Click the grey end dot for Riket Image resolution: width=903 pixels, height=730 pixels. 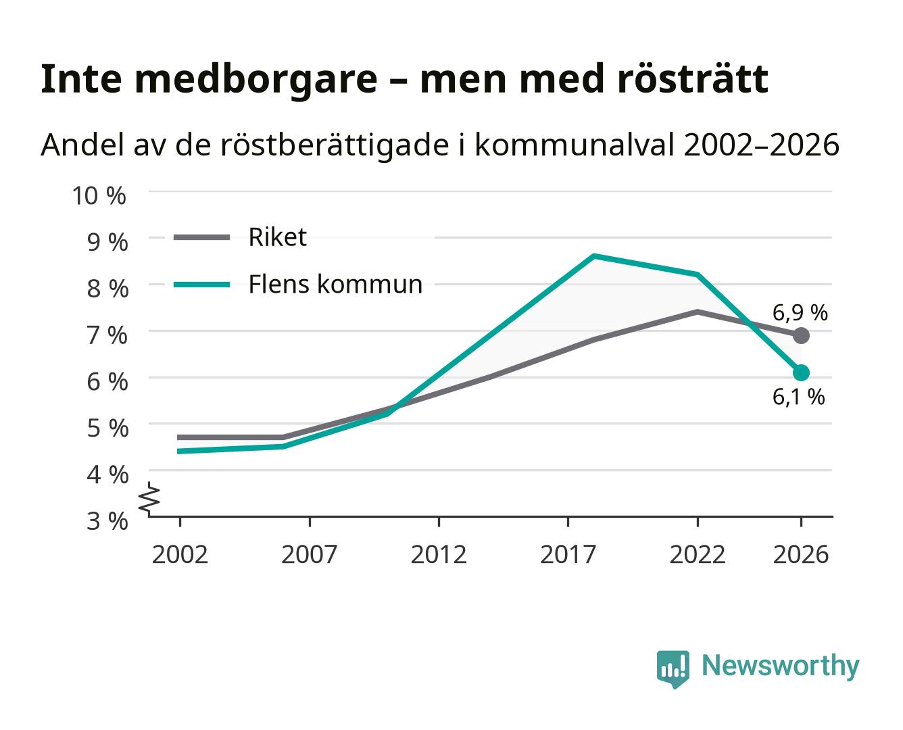[800, 336]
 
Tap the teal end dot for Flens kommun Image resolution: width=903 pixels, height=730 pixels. [800, 372]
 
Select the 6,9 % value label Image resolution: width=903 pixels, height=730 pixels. [800, 313]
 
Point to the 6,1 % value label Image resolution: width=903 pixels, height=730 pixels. [798, 397]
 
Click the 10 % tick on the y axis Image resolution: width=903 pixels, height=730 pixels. [99, 196]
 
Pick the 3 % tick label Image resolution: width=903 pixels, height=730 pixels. [107, 521]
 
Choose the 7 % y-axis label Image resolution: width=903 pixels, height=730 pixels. [107, 335]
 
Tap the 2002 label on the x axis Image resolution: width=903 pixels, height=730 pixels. [180, 554]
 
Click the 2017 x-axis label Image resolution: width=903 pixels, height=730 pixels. [568, 554]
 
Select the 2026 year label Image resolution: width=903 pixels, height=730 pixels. [800, 554]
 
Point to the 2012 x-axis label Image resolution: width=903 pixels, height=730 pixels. [439, 554]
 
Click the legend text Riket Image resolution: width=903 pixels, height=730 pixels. [277, 237]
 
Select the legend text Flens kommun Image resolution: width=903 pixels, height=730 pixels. [335, 284]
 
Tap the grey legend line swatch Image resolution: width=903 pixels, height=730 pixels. [202, 237]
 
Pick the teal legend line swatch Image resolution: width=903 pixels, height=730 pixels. [202, 285]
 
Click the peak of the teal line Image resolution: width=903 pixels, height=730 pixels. [593, 255]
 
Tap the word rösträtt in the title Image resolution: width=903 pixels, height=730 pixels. [693, 79]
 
